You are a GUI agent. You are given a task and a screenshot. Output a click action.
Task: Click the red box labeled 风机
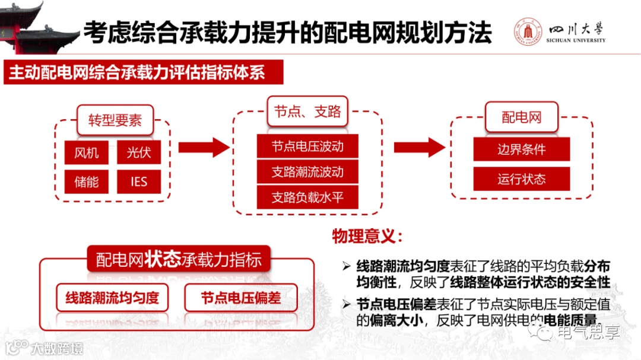(x=87, y=153)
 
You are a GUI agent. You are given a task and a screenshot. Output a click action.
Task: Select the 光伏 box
(x=139, y=153)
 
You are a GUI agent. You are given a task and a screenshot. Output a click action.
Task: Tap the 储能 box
(x=87, y=181)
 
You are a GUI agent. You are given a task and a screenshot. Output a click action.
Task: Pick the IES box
(x=139, y=181)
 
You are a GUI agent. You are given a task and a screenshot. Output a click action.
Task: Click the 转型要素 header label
(x=115, y=120)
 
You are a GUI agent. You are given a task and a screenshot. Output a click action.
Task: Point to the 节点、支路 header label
(x=307, y=111)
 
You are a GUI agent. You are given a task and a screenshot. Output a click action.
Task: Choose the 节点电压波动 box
(x=307, y=146)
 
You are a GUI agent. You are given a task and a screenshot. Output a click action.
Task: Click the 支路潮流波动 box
(x=307, y=172)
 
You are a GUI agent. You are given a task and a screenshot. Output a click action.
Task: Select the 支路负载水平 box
(x=307, y=197)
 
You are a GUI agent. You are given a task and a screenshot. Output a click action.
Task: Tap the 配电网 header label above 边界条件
(x=522, y=117)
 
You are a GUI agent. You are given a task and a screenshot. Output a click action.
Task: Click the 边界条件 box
(x=522, y=149)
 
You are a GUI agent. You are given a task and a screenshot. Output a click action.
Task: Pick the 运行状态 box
(x=522, y=179)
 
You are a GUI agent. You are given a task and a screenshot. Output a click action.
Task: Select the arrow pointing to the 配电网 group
(x=419, y=148)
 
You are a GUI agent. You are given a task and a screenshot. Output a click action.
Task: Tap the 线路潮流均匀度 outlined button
(x=112, y=297)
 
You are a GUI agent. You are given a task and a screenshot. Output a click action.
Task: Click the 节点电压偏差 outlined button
(x=240, y=297)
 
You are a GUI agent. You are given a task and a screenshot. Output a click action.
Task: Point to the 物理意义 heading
(x=367, y=237)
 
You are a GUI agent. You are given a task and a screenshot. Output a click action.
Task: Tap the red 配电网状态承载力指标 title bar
(x=178, y=260)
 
